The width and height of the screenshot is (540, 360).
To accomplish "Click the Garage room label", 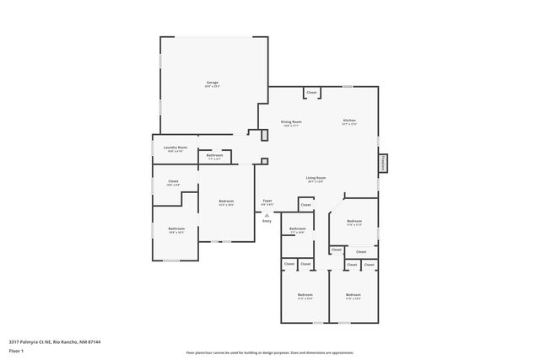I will pos(212,83).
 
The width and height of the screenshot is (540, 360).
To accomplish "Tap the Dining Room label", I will pos(291,122).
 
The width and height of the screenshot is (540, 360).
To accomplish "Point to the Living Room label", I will pos(316,179).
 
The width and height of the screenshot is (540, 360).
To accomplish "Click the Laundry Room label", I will pos(175,148).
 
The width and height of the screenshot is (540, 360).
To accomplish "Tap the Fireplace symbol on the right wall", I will pos(382,163).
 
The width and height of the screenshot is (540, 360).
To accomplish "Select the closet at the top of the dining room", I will pos(311,92).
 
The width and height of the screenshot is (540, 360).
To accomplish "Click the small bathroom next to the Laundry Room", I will pos(214,156).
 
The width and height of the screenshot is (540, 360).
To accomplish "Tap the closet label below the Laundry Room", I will pos(173,182).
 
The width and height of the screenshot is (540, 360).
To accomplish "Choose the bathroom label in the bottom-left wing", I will pos(175,229).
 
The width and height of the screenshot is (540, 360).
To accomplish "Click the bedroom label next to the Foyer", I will pos(226,201).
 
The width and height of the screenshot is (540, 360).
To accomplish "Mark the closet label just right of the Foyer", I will pos(305,205).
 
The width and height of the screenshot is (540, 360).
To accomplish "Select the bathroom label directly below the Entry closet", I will pos(297,230).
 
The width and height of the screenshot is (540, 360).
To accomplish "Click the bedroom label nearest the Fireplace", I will pos(354,223).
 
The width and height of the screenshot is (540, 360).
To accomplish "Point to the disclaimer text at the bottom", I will pos(269,352).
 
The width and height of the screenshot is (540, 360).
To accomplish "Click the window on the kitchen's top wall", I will pos(347,86).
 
